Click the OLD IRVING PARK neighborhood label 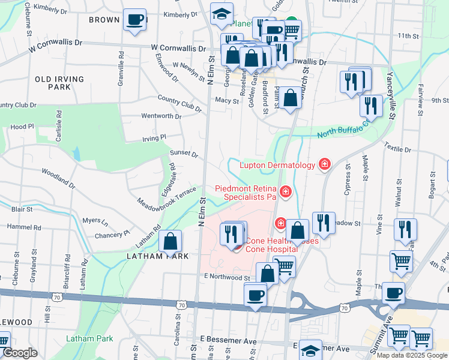[53, 83]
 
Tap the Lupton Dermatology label [277, 165]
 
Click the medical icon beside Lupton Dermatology [325, 164]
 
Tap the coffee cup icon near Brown [135, 19]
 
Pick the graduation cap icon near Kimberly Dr [221, 14]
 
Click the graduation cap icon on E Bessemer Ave [311, 350]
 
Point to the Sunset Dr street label [184, 154]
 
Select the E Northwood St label [226, 278]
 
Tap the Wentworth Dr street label [161, 116]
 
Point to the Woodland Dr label [58, 178]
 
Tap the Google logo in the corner [20, 353]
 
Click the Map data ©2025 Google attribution [412, 355]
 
